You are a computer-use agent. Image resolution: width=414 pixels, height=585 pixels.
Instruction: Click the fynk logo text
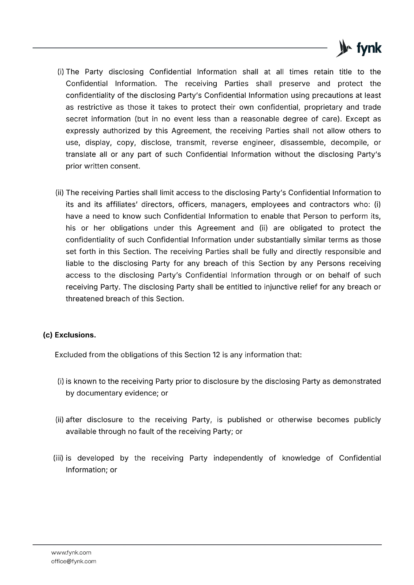(369, 49)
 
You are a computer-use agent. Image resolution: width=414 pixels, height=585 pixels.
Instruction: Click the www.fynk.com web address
(71, 552)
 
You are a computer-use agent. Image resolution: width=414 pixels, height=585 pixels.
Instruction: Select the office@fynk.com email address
(74, 561)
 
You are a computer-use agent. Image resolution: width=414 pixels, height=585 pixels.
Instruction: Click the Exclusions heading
(75, 335)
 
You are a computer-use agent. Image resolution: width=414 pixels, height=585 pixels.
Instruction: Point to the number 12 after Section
(216, 355)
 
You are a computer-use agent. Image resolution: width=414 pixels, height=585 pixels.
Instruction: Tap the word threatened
(85, 299)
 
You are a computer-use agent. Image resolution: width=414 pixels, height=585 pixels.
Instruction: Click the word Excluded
(71, 355)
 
